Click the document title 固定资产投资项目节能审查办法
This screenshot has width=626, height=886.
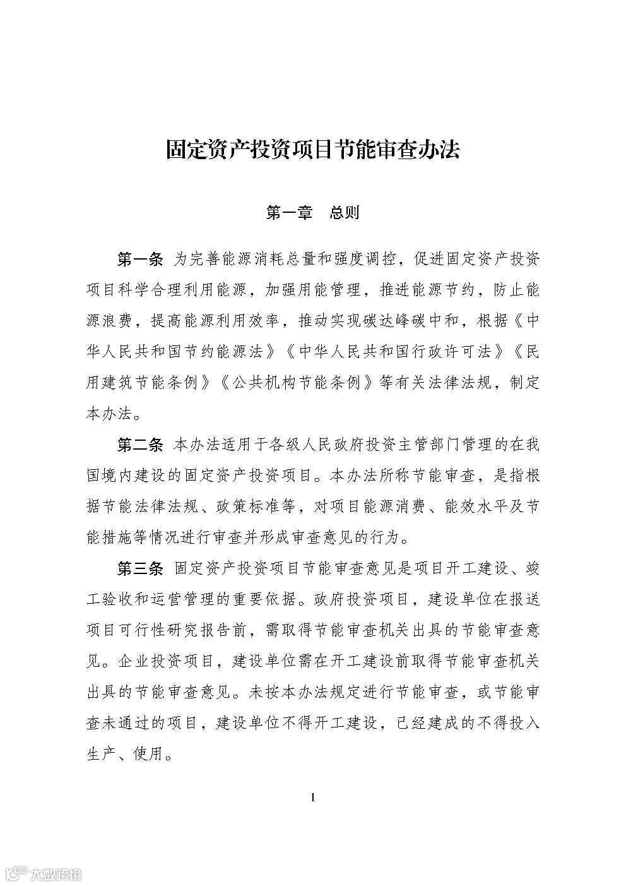coord(312,150)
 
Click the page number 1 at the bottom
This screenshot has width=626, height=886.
coord(313,798)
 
